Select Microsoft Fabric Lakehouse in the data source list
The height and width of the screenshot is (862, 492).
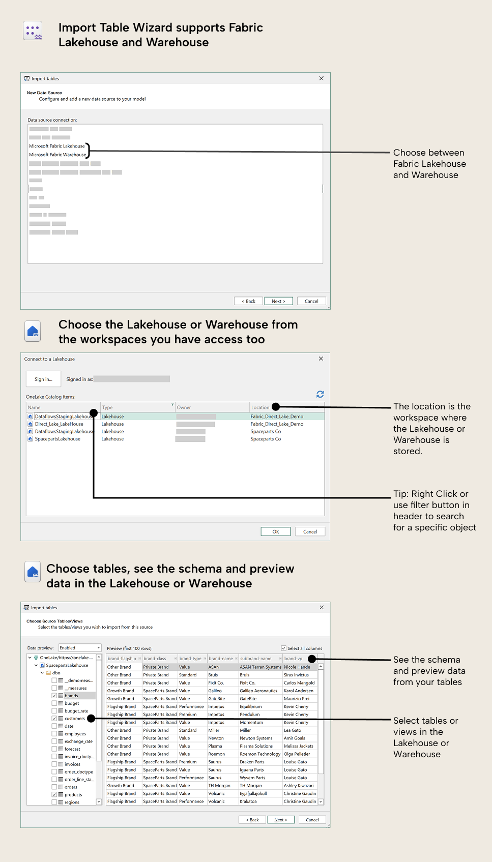tap(57, 146)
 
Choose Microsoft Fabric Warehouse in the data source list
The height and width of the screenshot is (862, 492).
tap(57, 155)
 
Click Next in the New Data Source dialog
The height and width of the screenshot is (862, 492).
tap(278, 301)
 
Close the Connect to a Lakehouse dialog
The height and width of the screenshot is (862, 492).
tap(321, 359)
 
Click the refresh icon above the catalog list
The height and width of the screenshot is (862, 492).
tap(320, 394)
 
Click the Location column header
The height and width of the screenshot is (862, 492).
tap(261, 407)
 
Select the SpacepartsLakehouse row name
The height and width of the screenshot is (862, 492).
tap(57, 439)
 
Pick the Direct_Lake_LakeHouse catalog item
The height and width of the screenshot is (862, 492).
tap(59, 424)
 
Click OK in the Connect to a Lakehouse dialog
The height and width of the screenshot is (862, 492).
tap(275, 531)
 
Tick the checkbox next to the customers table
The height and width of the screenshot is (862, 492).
tap(54, 719)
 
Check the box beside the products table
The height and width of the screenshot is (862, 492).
tap(54, 794)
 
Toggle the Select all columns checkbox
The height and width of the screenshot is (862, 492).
tap(284, 648)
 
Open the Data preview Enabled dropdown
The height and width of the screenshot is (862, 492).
tap(80, 648)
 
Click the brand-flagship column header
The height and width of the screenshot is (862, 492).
tap(122, 658)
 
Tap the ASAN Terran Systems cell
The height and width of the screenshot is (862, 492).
tap(261, 667)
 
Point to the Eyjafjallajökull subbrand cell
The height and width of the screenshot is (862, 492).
tap(253, 793)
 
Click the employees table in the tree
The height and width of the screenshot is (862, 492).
tap(75, 734)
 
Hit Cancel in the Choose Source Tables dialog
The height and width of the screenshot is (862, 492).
tap(312, 820)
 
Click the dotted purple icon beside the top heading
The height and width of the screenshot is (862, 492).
tap(33, 31)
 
